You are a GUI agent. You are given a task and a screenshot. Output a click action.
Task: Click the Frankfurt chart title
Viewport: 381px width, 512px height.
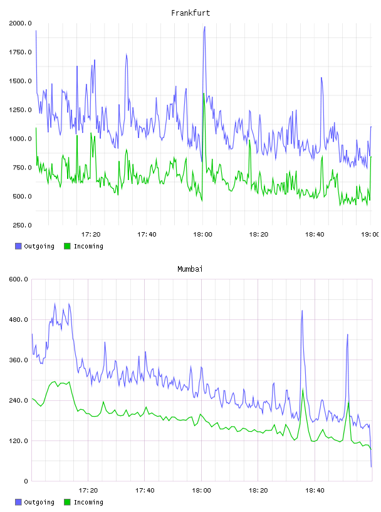point(190,13)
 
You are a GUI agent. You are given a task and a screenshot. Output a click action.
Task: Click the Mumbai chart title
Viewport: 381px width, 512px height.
point(190,269)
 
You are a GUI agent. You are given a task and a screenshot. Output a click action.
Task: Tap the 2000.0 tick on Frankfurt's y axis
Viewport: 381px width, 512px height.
point(20,23)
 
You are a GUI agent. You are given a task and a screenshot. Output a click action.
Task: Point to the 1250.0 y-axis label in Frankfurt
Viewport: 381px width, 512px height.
point(20,110)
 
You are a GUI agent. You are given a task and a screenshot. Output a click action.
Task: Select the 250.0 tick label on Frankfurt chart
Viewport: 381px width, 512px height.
point(22,225)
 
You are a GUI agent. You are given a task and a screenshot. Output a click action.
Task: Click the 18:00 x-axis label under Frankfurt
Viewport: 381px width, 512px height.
point(202,234)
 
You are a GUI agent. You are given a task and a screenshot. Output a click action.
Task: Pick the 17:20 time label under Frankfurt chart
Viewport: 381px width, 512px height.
point(91,234)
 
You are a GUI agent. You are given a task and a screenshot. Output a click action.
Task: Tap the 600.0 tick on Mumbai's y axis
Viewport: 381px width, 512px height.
point(18,279)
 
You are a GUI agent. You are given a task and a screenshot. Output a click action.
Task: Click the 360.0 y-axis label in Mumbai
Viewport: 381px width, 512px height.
point(18,360)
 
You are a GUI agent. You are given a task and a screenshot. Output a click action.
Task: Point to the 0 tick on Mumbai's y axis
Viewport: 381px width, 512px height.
point(26,481)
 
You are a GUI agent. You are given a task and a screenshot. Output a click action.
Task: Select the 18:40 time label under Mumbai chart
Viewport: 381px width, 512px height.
point(315,490)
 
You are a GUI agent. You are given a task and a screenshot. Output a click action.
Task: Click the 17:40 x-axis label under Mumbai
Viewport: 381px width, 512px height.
point(145,490)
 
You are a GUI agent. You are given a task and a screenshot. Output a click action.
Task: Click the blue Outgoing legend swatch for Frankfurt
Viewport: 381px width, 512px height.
point(18,246)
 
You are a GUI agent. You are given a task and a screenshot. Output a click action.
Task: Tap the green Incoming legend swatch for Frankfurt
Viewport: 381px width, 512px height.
point(67,246)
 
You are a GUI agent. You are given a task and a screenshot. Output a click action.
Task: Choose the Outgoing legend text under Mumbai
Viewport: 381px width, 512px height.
point(39,502)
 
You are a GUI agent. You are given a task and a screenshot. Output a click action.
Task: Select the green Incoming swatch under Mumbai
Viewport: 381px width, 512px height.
point(67,502)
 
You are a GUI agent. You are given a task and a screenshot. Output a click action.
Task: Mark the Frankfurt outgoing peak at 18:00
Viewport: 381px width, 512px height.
point(204,27)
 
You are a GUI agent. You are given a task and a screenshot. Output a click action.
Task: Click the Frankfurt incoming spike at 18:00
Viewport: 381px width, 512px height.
point(204,93)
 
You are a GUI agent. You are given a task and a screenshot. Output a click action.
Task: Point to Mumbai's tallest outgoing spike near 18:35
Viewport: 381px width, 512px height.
point(302,311)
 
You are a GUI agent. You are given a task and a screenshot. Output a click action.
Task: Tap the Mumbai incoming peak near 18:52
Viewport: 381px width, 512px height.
point(348,402)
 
